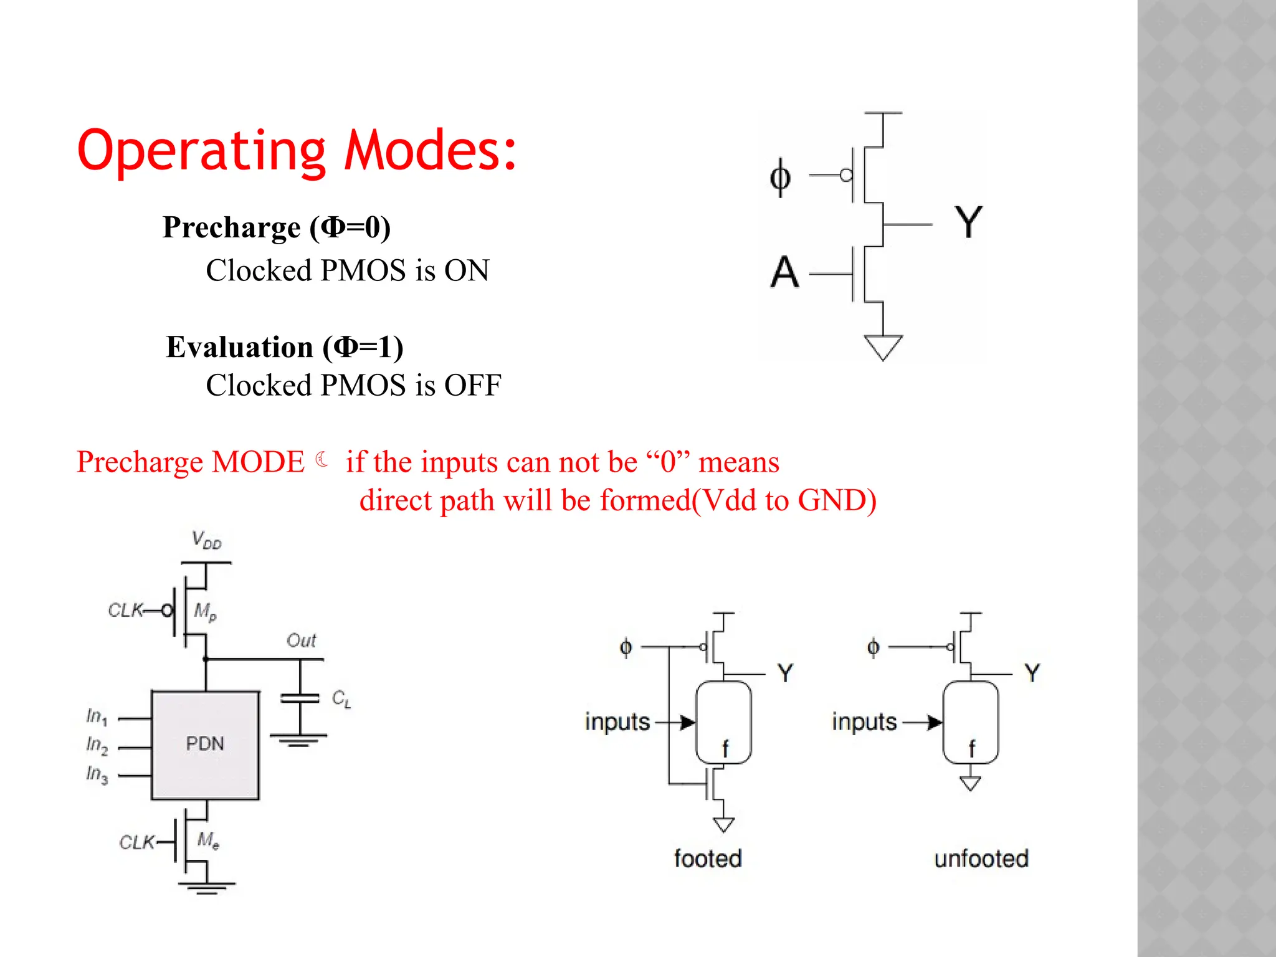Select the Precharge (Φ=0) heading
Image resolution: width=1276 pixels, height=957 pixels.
pos(277,227)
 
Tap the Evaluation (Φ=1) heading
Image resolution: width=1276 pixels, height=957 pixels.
pos(285,347)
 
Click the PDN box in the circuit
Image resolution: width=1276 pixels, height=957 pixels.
pos(205,744)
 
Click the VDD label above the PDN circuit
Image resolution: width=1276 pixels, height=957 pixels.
pos(206,540)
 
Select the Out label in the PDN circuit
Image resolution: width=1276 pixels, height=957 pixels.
pos(302,640)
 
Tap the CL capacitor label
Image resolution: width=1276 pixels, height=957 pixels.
pos(341,698)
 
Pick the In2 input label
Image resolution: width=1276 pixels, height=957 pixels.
pos(97,745)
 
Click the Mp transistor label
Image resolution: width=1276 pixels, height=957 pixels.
pos(205,611)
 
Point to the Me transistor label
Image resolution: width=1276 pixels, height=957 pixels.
pos(208,840)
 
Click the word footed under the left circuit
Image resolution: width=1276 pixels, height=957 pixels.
pos(708,859)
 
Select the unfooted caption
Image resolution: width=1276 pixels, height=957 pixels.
pos(981,859)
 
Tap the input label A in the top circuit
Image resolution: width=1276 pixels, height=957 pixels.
pos(784,272)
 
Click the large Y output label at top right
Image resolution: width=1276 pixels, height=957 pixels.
pos(968,222)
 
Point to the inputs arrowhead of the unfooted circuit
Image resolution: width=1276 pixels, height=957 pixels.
pos(934,722)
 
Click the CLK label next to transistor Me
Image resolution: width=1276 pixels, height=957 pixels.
pos(136,843)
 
